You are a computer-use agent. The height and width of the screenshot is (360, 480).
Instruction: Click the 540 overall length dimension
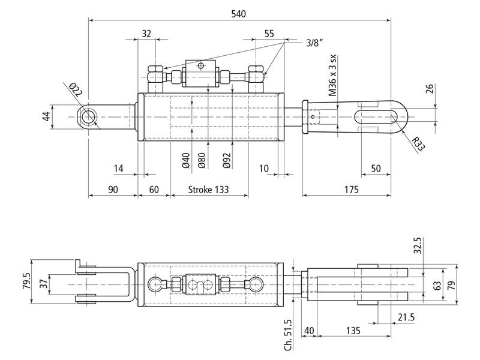click(x=239, y=13)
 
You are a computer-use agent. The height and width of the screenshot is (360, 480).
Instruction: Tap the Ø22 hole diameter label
click(x=76, y=91)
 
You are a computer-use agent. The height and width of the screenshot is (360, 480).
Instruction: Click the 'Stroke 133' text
click(x=208, y=190)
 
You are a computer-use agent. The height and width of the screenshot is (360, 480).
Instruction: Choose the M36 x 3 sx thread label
click(x=332, y=77)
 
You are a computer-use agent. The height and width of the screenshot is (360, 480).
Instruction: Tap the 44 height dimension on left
click(x=46, y=116)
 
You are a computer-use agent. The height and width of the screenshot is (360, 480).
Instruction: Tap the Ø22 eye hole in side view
click(x=89, y=115)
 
